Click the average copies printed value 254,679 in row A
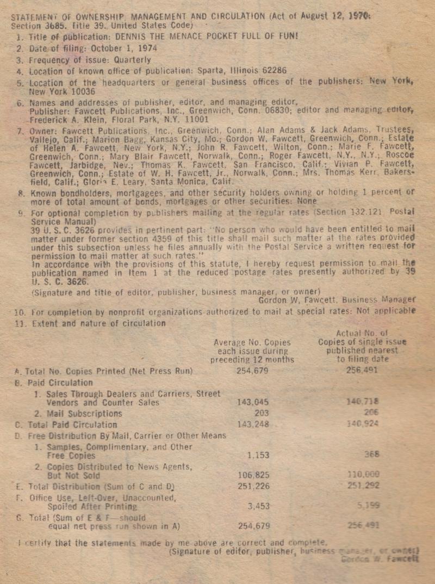(x=253, y=371)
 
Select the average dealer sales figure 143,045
(x=254, y=402)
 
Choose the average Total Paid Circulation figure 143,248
(x=254, y=425)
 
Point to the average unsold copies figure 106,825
(x=254, y=475)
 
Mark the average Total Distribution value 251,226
(x=254, y=485)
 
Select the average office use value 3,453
(x=258, y=506)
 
